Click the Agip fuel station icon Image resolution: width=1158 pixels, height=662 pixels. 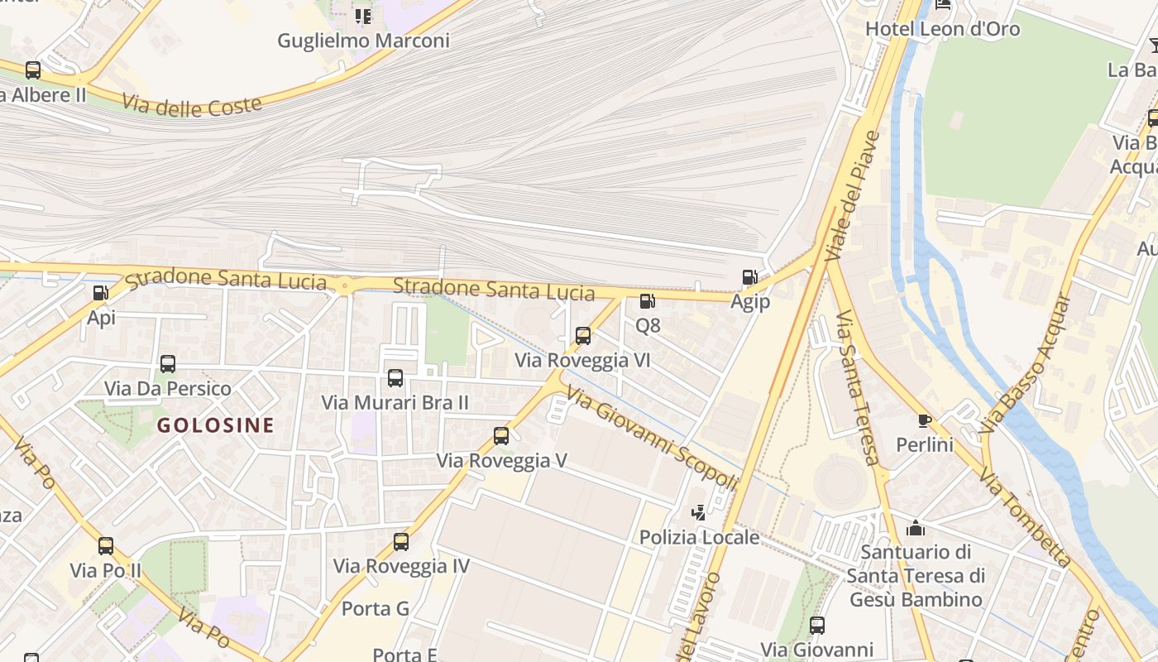(749, 277)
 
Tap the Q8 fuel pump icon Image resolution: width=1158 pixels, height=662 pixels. (647, 301)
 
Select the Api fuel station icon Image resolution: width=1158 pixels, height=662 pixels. (100, 292)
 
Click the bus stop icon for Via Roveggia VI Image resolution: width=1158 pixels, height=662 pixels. (583, 336)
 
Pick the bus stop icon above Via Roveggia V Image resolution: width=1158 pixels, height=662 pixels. (501, 436)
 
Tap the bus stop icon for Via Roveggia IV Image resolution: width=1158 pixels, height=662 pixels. (401, 542)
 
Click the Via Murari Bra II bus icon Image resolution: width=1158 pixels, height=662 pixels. (395, 378)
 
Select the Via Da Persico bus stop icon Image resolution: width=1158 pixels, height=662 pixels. (168, 364)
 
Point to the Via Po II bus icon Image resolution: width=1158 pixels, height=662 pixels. (106, 546)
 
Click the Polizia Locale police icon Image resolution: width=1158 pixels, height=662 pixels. (699, 513)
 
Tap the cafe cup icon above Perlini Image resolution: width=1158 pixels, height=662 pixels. (925, 420)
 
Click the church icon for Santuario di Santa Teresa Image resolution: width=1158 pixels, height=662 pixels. (916, 527)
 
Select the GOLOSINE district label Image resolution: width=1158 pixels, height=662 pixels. (215, 425)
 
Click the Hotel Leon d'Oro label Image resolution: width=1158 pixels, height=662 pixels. (942, 29)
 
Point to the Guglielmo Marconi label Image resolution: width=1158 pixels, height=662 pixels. (363, 41)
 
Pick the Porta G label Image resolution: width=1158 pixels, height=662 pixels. (376, 609)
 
